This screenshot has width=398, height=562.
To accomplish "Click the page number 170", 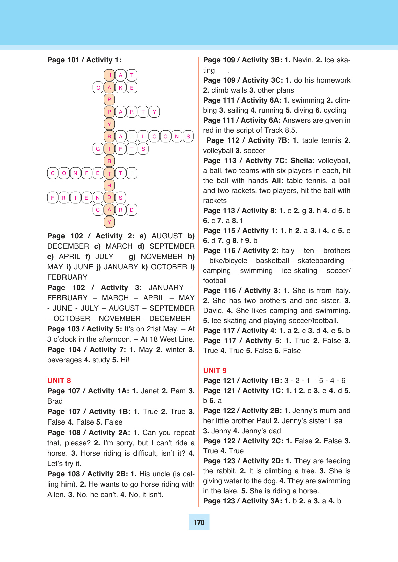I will click(199, 522).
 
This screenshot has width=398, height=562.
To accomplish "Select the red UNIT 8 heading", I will click(59, 381).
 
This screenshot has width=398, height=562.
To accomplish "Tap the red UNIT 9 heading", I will click(215, 371).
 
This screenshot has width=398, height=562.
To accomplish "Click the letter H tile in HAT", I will click(109, 75).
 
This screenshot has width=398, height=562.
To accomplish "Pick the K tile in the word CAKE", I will click(121, 88).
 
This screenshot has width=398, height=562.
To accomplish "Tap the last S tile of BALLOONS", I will click(188, 136).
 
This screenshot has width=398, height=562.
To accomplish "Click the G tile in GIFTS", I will click(98, 149).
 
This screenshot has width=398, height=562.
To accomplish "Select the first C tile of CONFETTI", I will click(53, 173).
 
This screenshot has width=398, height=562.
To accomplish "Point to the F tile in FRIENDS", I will click(53, 198).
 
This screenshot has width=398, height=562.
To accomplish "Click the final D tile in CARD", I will click(132, 210).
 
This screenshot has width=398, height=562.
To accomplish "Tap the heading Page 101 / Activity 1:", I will click(84, 60).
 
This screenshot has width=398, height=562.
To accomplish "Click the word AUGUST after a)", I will click(167, 236).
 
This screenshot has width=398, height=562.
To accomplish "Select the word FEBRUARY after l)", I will click(67, 277).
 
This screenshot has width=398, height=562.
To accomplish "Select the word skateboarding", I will click(320, 261).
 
